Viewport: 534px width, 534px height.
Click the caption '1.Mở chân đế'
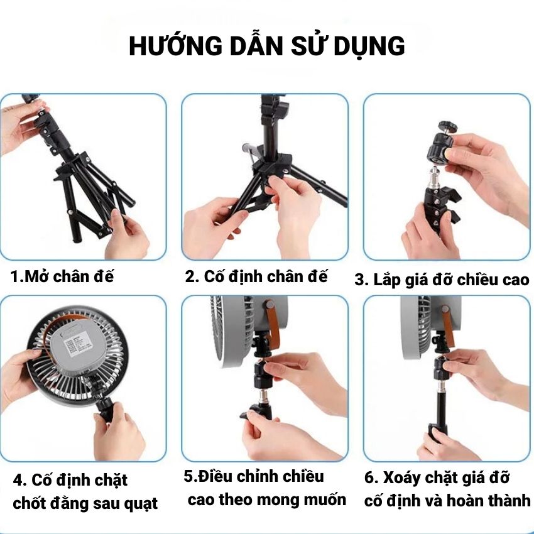coord(62,276)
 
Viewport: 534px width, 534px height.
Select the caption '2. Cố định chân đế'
coord(256,276)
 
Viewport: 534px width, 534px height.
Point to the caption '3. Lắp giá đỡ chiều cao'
coord(442,280)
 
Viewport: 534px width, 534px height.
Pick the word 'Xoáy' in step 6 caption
coord(402,478)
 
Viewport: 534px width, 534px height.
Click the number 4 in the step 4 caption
coord(19,481)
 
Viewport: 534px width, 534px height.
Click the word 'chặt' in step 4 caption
coord(111,481)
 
